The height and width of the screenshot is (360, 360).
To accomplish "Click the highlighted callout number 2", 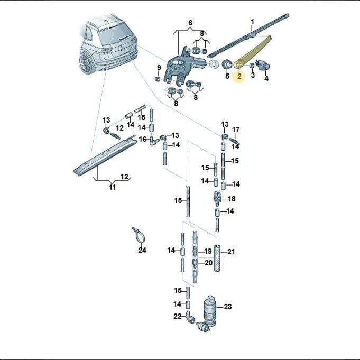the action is pyautogui.click(x=239, y=76).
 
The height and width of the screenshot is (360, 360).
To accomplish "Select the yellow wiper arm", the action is pyautogui.click(x=253, y=51).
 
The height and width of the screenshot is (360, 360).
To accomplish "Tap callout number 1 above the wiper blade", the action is pyautogui.click(x=252, y=22).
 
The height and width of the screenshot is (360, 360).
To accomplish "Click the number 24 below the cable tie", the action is pyautogui.click(x=142, y=250).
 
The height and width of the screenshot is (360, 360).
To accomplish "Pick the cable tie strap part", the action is pyautogui.click(x=139, y=235).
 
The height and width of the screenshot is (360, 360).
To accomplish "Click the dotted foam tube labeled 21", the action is pyautogui.click(x=217, y=259).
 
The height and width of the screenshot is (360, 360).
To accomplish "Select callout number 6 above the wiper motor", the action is pyautogui.click(x=190, y=23).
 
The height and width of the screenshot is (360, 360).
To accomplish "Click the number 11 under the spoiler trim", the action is pyautogui.click(x=112, y=187).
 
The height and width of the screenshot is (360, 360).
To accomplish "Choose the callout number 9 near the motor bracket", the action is pyautogui.click(x=159, y=68).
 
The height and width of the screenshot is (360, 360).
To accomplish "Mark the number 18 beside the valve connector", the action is pyautogui.click(x=232, y=199).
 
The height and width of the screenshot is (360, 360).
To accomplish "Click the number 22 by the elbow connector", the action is pyautogui.click(x=178, y=316).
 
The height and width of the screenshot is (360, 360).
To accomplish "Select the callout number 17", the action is pyautogui.click(x=236, y=130).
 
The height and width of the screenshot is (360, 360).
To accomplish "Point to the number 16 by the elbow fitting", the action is pyautogui.click(x=143, y=139).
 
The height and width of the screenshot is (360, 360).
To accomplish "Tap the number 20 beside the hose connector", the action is pyautogui.click(x=208, y=263).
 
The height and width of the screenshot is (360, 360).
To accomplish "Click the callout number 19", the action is pyautogui.click(x=208, y=252).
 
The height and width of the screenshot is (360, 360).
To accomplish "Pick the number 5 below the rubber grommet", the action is pyautogui.click(x=227, y=76).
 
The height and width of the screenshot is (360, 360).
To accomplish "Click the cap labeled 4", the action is pyautogui.click(x=263, y=65).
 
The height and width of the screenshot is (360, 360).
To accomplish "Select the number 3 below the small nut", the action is pyautogui.click(x=253, y=75).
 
